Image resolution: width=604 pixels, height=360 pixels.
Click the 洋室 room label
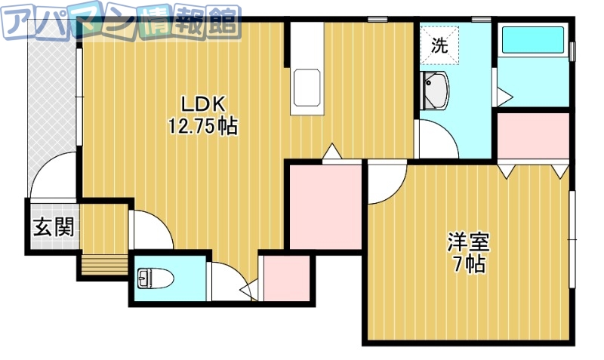(469, 242)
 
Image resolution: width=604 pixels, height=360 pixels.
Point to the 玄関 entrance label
(53, 226)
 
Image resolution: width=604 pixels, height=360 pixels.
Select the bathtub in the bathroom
(532, 40)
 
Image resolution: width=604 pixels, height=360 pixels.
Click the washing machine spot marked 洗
(439, 45)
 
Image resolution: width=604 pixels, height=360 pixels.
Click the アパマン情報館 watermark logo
(121, 23)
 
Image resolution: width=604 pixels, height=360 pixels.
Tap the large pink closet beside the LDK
(325, 205)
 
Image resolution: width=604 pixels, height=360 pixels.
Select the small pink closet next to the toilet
(285, 279)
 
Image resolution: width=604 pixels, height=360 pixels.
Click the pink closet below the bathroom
(532, 136)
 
